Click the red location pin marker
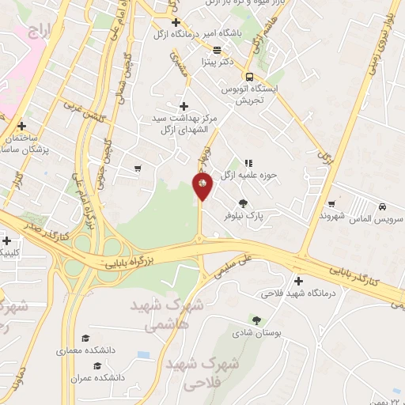coord(202,185)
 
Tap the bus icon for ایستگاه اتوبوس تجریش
coord(249,77)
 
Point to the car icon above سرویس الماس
coord(382,203)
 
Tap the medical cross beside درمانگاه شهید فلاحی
coord(298,281)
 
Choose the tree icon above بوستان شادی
coord(255,320)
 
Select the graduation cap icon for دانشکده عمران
coord(97,365)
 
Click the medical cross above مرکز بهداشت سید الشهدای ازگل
coord(184,105)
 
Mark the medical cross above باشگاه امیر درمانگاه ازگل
coord(176,23)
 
